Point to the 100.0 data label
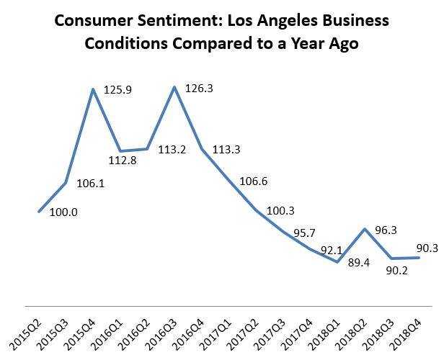[x=64, y=214]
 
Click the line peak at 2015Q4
[x=93, y=89]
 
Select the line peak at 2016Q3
[x=174, y=87]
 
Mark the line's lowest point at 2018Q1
[x=337, y=262]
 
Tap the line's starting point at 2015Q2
[x=39, y=212]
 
